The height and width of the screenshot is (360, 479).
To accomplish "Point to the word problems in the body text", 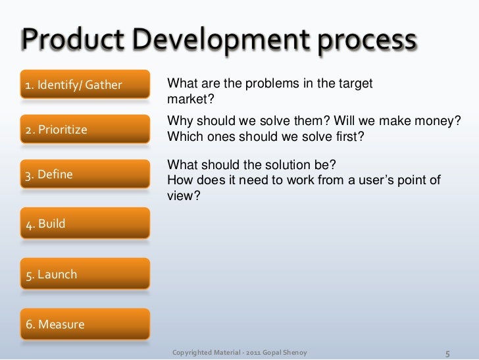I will [263, 84].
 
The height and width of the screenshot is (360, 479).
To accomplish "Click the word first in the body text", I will [350, 137].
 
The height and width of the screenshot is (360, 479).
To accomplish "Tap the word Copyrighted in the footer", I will [193, 352].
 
